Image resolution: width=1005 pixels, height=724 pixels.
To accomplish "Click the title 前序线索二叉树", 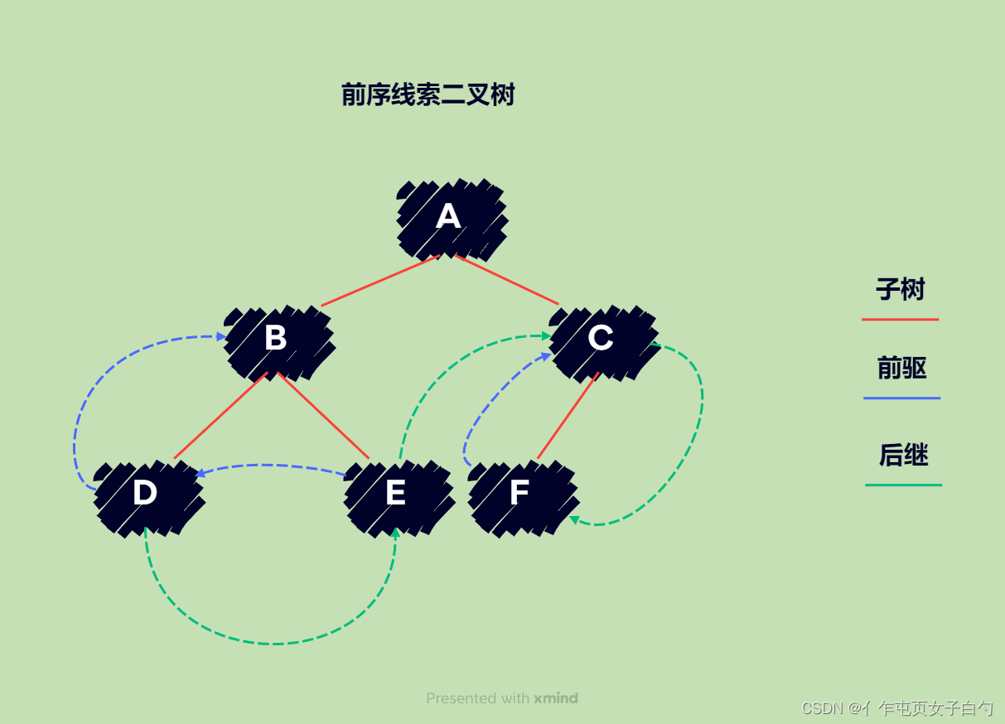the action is point(428,95).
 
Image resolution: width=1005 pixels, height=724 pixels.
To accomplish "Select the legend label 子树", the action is point(901,290).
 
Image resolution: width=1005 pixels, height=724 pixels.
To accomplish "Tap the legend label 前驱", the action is point(901,369).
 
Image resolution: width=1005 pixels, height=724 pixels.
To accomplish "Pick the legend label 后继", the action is point(903,456).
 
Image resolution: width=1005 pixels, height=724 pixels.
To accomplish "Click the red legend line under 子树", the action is point(900,319).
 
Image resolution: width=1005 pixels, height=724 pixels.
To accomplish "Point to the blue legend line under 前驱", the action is point(901,398).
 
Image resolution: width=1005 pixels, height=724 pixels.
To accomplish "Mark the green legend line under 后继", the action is point(903,485).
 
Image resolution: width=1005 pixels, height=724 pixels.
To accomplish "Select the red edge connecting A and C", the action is point(507,280).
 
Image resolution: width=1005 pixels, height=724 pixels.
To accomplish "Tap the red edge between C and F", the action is point(568,416).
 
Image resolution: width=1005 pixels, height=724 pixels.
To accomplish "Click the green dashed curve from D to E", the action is point(273,644).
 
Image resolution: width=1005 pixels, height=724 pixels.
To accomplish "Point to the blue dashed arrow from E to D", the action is point(273,466).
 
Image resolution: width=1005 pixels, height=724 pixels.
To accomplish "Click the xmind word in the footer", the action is point(556,698).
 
